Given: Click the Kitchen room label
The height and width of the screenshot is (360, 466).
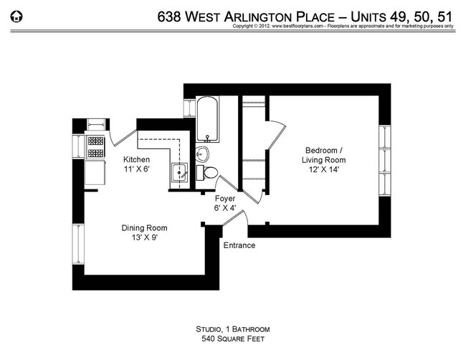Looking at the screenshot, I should (x=136, y=159).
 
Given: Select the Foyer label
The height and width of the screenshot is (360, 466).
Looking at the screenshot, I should (x=226, y=197).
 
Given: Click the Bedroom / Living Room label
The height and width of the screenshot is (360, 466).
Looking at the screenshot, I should (x=323, y=154).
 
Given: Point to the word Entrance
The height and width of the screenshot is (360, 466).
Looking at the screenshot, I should (x=239, y=245).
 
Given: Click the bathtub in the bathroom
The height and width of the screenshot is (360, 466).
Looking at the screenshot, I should (x=206, y=118).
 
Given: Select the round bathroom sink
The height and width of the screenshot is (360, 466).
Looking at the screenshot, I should (x=202, y=153).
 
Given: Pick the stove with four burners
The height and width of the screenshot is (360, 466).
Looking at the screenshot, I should (x=95, y=147).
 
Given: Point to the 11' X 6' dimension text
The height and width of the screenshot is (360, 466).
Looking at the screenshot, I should (x=136, y=170).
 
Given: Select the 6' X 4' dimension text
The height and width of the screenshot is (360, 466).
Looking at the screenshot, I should (x=226, y=207).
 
